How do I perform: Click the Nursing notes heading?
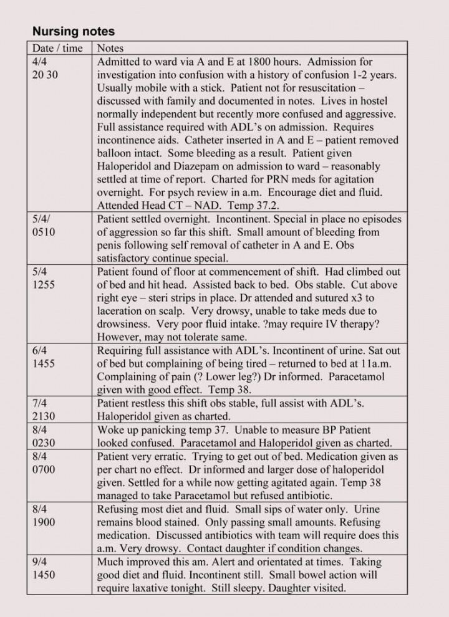click(74, 31)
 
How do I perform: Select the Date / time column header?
click(57, 48)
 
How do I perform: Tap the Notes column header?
click(110, 48)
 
